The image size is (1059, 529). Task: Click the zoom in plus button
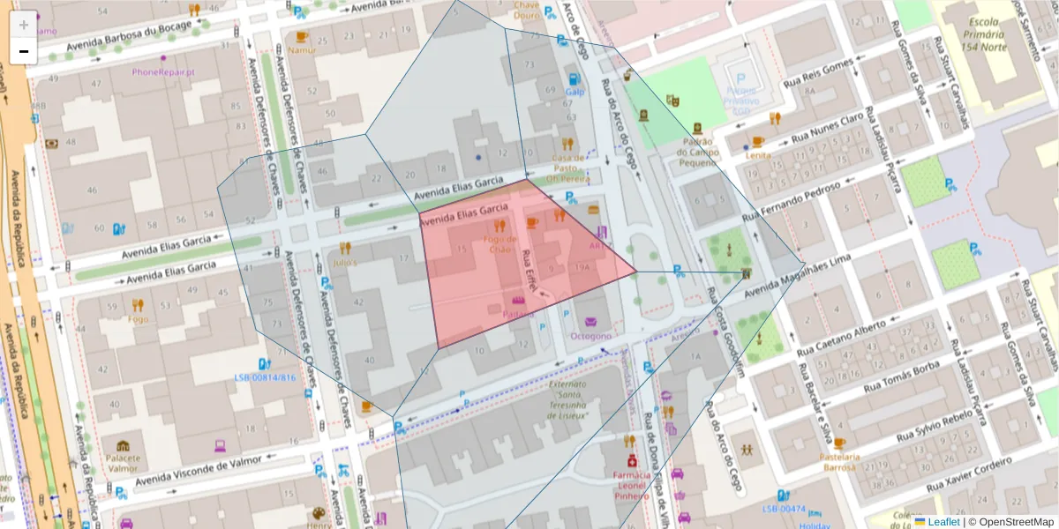tap(24, 25)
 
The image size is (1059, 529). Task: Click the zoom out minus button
tap(24, 51)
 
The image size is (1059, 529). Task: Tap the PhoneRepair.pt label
tap(163, 71)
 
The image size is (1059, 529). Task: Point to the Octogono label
tap(590, 336)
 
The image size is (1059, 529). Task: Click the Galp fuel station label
tap(575, 91)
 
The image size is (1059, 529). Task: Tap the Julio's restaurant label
tap(345, 263)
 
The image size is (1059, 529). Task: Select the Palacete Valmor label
tap(123, 463)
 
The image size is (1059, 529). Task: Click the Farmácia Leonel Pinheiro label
tap(631, 484)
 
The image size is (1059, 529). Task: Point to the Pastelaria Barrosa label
tap(839, 462)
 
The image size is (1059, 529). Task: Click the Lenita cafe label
tap(757, 155)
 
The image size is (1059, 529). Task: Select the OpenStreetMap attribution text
tap(1011, 522)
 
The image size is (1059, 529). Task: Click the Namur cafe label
tap(302, 50)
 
